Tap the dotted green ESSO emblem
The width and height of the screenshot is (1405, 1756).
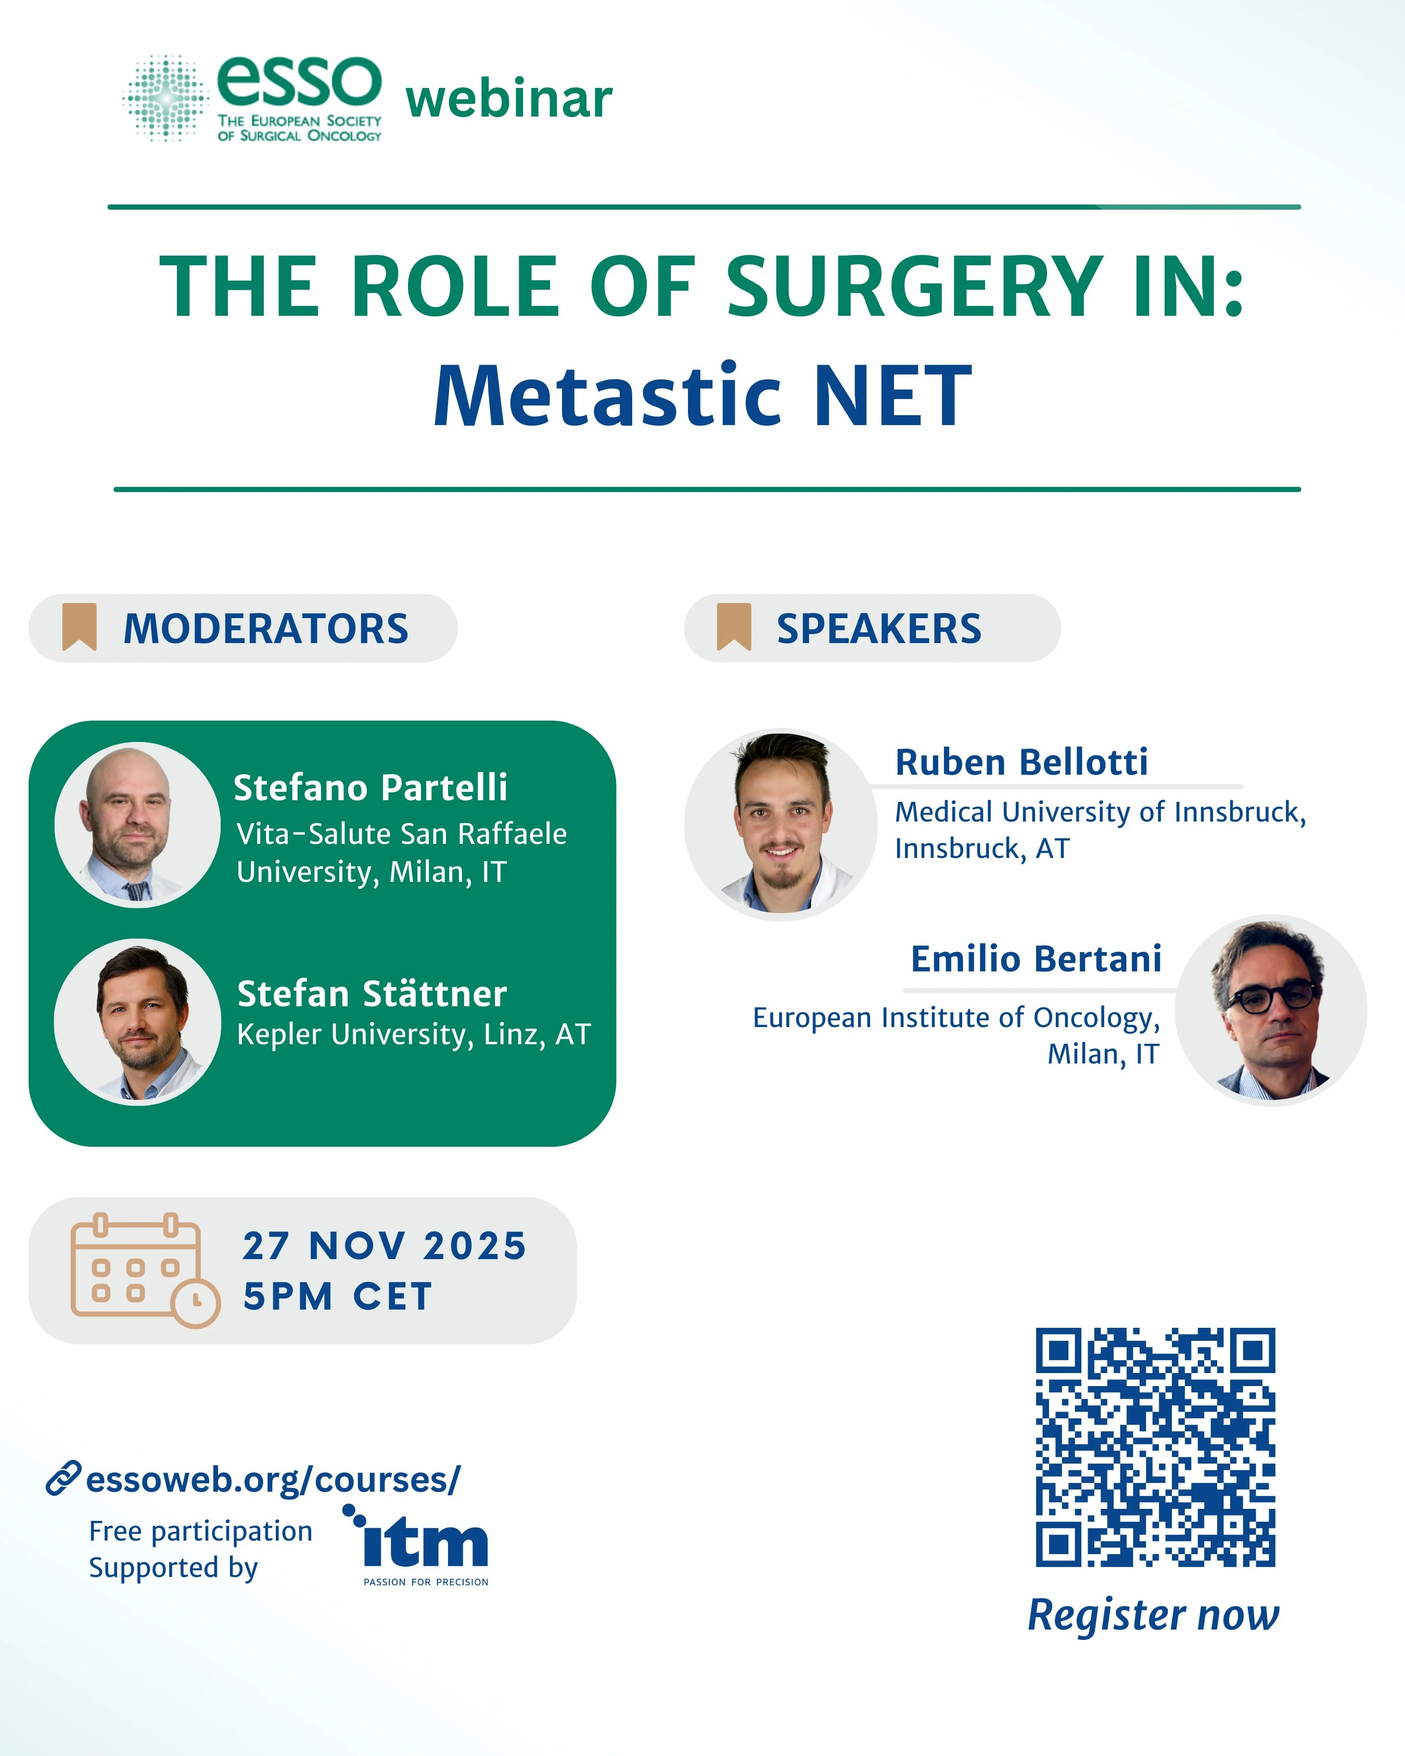(166, 98)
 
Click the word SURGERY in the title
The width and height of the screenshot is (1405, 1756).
(914, 287)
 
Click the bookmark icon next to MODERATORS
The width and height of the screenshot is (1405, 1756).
(80, 626)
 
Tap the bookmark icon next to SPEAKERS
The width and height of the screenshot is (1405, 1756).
(733, 626)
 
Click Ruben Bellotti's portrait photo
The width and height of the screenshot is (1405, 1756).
(780, 824)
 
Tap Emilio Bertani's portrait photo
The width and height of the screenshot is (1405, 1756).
(1271, 1010)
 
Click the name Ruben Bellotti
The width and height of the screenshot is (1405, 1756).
(1021, 762)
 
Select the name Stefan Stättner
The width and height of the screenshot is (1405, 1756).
(372, 994)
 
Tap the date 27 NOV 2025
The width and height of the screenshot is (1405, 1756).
(385, 1245)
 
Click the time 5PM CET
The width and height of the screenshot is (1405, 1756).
(337, 1296)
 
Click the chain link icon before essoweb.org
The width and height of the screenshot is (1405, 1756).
(63, 1478)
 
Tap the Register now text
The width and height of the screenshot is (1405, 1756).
(1153, 1614)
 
